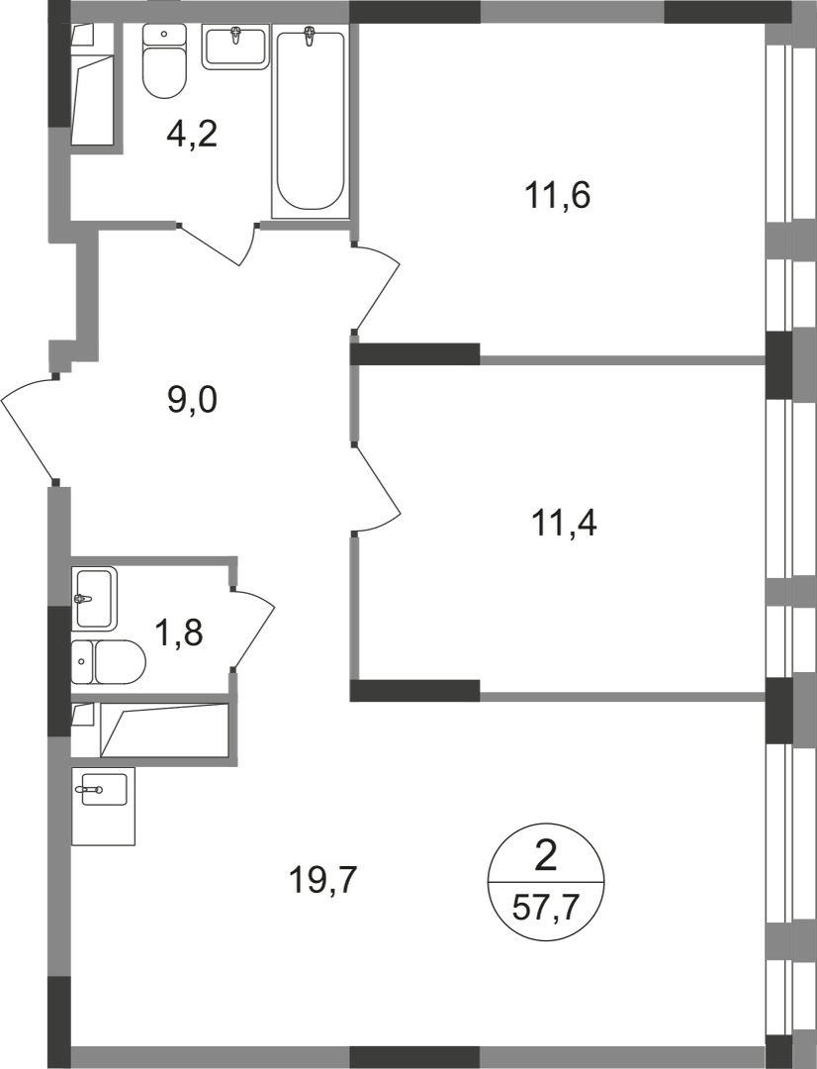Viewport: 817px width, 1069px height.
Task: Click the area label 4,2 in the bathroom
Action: tap(191, 133)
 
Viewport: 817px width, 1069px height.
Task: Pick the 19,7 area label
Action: tap(322, 877)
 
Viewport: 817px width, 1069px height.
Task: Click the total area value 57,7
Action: tap(545, 906)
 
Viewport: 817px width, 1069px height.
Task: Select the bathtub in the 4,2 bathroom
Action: tap(311, 119)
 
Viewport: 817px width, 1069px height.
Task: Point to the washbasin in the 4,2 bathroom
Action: tap(235, 47)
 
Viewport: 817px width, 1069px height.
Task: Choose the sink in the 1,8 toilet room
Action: tap(94, 598)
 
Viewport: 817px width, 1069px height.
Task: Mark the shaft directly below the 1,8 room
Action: tap(153, 730)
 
